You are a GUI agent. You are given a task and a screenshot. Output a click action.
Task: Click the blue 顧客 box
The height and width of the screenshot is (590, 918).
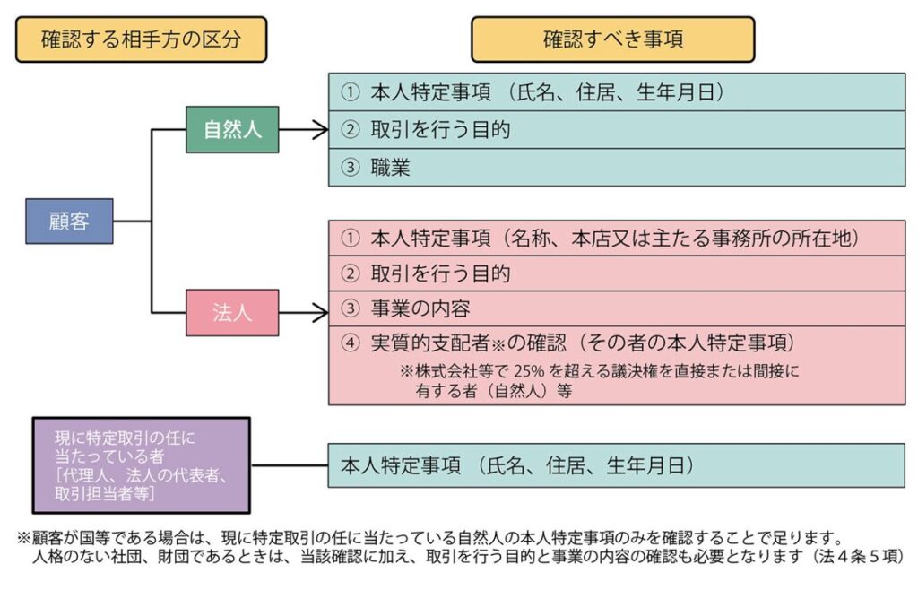tap(69, 221)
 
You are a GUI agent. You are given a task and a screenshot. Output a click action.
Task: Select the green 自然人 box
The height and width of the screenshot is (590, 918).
tap(232, 129)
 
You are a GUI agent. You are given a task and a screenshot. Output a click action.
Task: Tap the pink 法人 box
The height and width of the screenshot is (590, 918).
tap(232, 312)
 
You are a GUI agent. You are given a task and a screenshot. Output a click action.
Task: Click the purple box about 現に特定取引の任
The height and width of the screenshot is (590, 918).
tap(142, 464)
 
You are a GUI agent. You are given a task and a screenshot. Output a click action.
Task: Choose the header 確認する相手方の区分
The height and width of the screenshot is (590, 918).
tap(141, 39)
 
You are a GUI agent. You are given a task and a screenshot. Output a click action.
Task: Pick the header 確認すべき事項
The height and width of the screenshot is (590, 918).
tap(612, 39)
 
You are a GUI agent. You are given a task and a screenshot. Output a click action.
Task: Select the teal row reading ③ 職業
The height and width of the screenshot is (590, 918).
tap(616, 167)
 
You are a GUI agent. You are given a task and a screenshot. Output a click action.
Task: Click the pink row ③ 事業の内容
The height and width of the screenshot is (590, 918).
tap(616, 309)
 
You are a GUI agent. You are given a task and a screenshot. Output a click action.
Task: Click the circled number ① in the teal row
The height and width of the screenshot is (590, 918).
tap(350, 91)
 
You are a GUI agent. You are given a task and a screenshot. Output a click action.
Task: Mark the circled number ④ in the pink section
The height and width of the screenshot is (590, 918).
tap(350, 343)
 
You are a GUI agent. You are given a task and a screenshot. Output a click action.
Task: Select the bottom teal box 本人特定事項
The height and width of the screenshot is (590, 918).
tap(616, 465)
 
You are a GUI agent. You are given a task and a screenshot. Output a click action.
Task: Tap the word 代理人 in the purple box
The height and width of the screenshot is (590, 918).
tap(77, 476)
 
